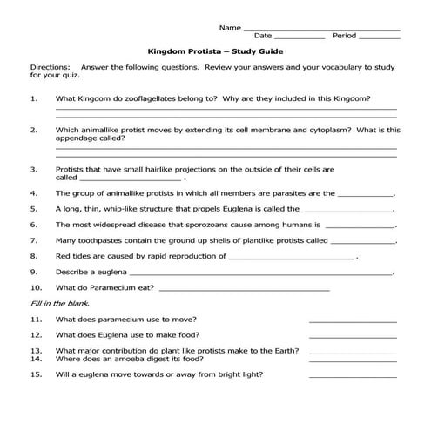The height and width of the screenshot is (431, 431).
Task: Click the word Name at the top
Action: pos(230,27)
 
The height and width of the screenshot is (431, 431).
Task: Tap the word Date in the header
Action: pos(262,37)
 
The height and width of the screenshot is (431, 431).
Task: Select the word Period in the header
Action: pos(344,37)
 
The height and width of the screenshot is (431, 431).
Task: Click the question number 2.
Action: pos(34,130)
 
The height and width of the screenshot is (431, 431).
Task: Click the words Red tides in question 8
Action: pos(73,256)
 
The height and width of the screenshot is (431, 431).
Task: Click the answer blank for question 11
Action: pos(352,321)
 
